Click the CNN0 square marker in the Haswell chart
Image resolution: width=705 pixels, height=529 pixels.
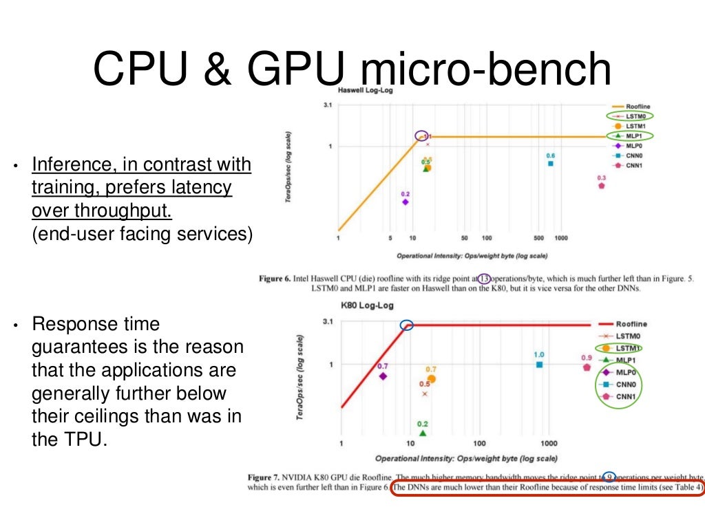[x=551, y=163]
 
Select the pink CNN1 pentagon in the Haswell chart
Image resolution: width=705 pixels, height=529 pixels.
[x=602, y=185]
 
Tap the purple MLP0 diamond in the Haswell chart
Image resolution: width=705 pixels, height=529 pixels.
[x=405, y=202]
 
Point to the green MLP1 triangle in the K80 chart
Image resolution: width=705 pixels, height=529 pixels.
[x=423, y=433]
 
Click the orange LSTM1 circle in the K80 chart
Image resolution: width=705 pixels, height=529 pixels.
[x=432, y=378]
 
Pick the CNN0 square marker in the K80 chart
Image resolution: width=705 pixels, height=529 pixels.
[x=540, y=365]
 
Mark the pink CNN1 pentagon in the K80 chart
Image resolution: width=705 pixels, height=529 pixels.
[x=587, y=367]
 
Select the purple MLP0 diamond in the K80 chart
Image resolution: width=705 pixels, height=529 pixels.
[x=383, y=376]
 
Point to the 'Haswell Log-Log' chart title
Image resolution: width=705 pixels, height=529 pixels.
[x=365, y=90]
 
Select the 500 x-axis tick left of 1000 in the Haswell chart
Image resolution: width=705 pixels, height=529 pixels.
[x=538, y=238]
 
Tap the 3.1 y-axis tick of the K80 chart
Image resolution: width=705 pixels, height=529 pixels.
[x=327, y=321]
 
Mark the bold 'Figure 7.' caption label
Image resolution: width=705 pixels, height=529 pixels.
[x=271, y=477]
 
